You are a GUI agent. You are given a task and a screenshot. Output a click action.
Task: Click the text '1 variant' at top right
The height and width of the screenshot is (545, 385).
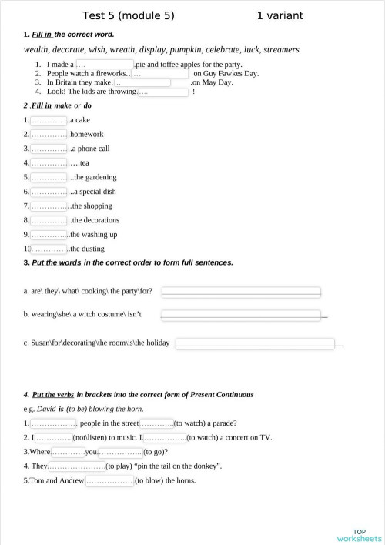280,15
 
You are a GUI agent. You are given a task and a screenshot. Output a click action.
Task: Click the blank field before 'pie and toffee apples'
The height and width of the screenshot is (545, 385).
104,65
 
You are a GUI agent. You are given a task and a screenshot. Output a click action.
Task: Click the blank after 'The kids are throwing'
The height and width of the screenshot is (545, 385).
162,92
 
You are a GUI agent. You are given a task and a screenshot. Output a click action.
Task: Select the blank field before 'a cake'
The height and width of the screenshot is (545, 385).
48,121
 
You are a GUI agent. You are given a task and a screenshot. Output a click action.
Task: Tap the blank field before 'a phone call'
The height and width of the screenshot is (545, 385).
48,149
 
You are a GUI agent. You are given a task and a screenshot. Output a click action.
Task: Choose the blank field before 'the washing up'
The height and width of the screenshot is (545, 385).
49,234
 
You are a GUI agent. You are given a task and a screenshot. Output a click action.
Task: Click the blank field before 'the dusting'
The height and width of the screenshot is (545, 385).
50,249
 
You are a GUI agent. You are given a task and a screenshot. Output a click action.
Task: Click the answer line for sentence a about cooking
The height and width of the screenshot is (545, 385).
240,292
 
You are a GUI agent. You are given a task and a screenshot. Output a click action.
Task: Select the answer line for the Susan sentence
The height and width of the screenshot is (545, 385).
255,343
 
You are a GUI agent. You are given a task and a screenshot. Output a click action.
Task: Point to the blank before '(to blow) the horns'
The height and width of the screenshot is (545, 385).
109,481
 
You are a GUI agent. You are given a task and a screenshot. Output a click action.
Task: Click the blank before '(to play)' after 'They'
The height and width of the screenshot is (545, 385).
77,466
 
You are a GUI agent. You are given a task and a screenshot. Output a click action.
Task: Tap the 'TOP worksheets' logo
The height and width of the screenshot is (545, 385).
359,535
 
